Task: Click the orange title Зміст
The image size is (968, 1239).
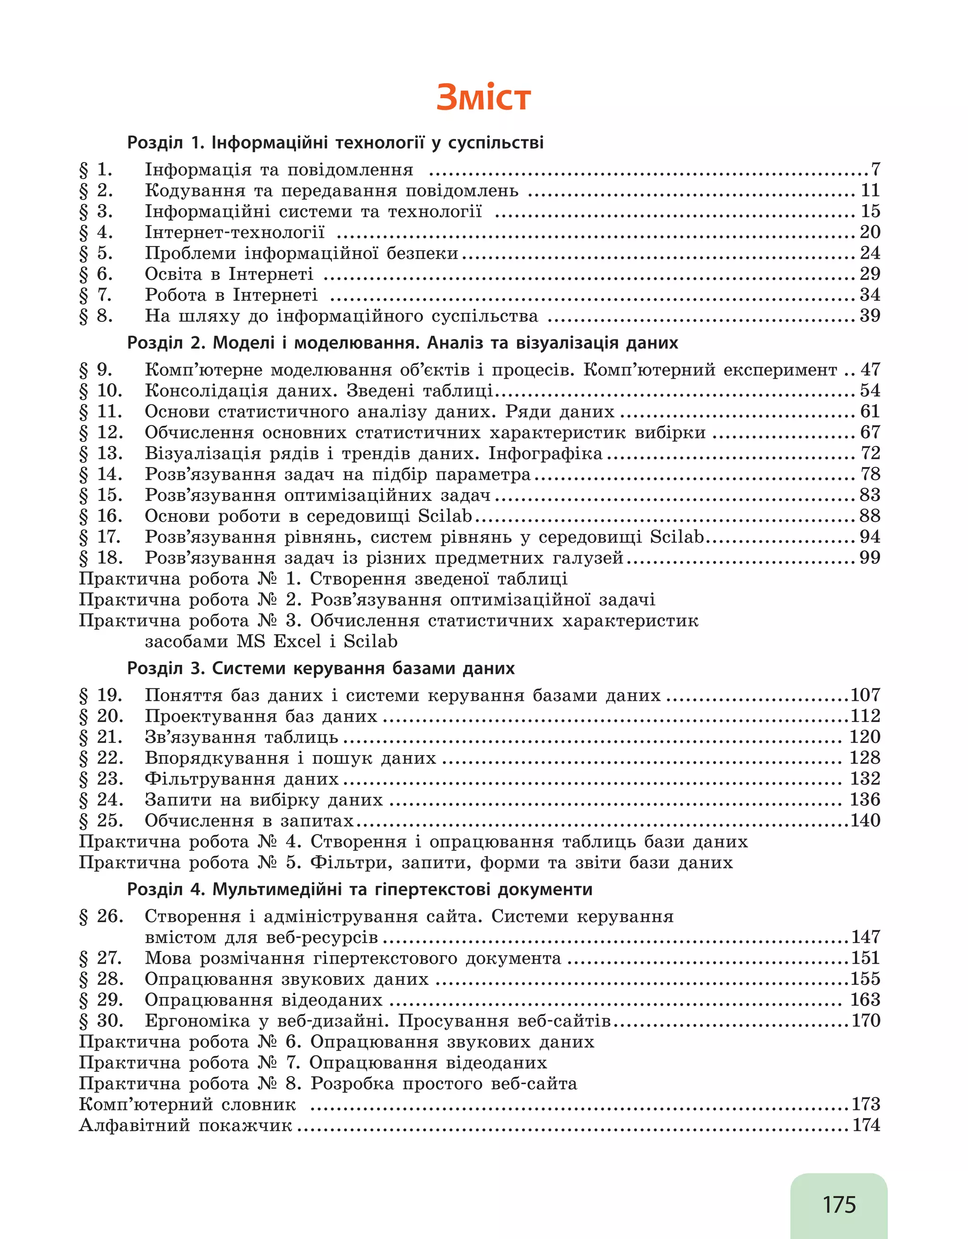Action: coord(483,98)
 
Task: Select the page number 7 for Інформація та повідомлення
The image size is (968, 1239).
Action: coord(875,169)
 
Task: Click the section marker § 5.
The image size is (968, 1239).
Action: coord(96,253)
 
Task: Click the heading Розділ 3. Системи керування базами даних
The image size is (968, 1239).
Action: coord(321,668)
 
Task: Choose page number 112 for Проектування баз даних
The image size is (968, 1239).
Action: coord(865,716)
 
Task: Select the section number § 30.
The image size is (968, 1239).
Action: coord(101,1020)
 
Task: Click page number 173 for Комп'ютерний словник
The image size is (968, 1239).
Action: coord(866,1104)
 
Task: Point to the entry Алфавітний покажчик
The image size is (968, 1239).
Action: coord(185,1125)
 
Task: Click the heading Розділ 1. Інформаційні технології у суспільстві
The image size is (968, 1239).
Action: coord(335,143)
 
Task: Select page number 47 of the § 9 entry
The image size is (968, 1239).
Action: coord(870,370)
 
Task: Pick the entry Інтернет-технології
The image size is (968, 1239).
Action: coord(234,232)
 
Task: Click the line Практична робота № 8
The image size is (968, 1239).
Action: coord(328,1084)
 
